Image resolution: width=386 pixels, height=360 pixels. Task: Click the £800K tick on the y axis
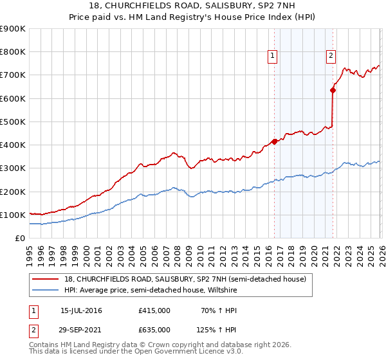[x=13, y=52]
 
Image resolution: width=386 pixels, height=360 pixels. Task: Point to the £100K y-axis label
[x=13, y=215]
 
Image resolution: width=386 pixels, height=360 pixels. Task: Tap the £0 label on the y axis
[x=20, y=238]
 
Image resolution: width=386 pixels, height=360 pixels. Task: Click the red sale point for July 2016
[x=274, y=141]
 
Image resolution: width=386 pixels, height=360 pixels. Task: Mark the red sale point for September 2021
[x=333, y=90]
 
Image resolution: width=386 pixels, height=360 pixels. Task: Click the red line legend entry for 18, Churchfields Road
[x=179, y=278]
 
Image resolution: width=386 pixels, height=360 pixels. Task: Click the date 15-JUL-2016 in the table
[x=81, y=310]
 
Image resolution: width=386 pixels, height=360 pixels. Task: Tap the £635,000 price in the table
[x=154, y=329]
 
